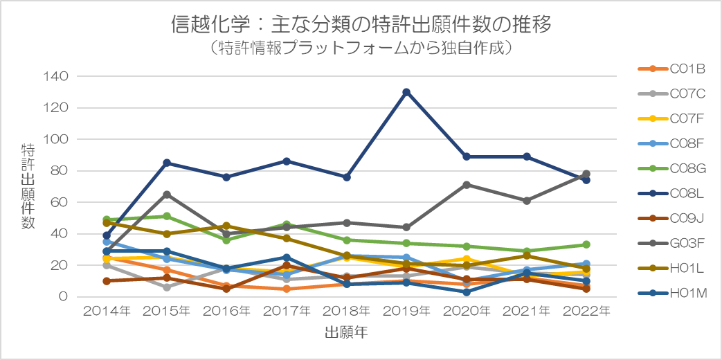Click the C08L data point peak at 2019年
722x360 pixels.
406,92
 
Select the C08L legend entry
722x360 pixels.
671,181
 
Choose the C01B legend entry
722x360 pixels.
671,69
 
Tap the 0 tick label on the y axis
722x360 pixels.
63,297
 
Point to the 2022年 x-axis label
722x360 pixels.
586,312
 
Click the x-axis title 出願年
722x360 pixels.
345,333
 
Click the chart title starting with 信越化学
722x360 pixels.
361,26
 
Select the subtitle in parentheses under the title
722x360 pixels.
361,48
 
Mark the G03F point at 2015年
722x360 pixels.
166,195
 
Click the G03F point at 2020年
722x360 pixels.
467,185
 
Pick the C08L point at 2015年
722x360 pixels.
166,163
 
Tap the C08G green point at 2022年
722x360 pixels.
586,244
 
